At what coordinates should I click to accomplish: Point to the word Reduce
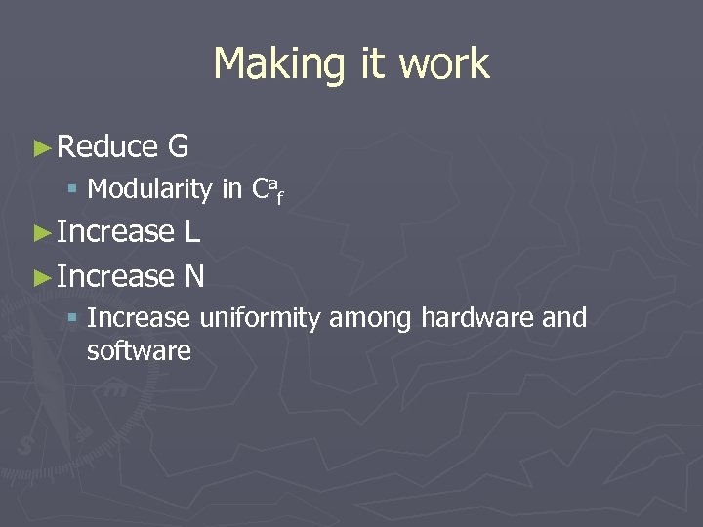(x=107, y=147)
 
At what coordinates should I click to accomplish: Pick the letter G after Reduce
(x=178, y=147)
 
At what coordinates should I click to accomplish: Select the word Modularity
(x=149, y=189)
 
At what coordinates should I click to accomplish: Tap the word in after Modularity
(x=231, y=189)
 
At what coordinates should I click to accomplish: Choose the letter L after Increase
(x=191, y=232)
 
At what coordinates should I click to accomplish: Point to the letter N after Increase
(x=194, y=277)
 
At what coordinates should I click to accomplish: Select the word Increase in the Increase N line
(x=115, y=277)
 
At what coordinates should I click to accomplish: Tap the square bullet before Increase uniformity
(x=74, y=318)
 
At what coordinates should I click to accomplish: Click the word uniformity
(x=260, y=318)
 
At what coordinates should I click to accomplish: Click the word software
(x=139, y=350)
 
